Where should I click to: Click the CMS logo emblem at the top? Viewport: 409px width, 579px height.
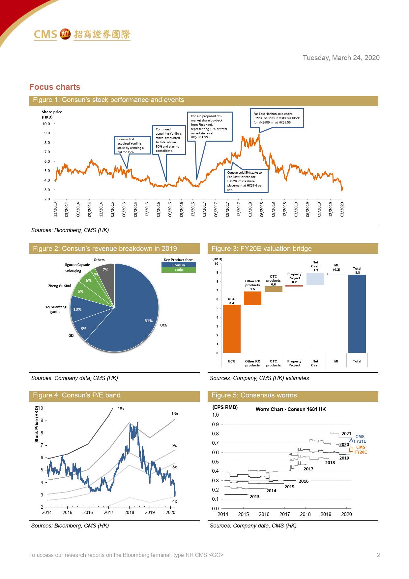pos(65,34)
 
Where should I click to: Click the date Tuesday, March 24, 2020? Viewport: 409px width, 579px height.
pos(341,58)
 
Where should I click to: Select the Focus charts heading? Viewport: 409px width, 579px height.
pos(55,87)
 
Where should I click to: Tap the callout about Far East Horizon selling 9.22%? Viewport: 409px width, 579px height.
pos(276,118)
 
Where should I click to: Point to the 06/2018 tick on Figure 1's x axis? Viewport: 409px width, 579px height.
pos(262,209)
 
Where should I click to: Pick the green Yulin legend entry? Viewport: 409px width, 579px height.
pos(179,270)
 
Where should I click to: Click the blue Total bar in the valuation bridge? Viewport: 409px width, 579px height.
pos(357,314)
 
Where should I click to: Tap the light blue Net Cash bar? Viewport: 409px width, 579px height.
pos(315,279)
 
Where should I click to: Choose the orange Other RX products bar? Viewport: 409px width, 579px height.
pos(252,298)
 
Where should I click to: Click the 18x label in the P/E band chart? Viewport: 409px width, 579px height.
pos(121,409)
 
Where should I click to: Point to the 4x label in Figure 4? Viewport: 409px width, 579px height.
pos(174,501)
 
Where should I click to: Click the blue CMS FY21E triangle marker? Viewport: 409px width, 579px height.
pos(351,440)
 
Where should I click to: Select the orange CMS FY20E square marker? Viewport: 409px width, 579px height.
pos(351,450)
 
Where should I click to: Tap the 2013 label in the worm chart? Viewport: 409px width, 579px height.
pos(254,496)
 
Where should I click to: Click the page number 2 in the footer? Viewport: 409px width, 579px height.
pos(378,555)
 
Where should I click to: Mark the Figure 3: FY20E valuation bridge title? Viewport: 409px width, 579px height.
pos(261,249)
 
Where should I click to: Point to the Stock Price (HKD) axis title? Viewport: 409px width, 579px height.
pos(37,424)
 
